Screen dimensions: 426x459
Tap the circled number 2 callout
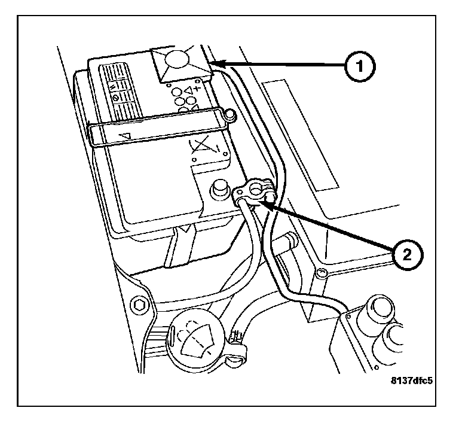[x=406, y=255]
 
